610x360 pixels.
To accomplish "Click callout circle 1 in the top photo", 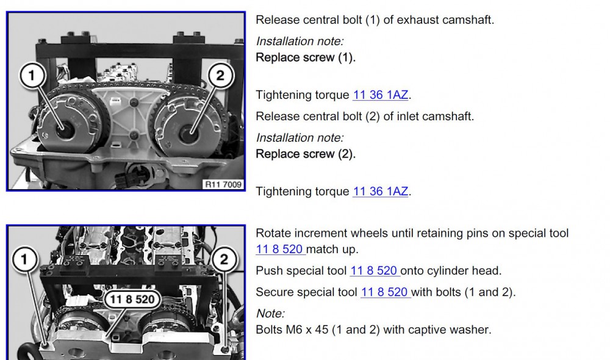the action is click(x=32, y=75).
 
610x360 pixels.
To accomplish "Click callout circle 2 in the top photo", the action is click(x=220, y=75).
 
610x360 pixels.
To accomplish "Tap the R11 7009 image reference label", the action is click(x=223, y=184).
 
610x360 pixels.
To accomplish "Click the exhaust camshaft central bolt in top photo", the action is click(x=65, y=130).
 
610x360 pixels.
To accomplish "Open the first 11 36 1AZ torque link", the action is click(x=381, y=95).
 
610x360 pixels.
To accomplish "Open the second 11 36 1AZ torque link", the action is click(x=381, y=192).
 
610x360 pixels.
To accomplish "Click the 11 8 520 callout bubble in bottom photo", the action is click(x=132, y=299).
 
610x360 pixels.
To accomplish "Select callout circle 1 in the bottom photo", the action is click(x=24, y=259).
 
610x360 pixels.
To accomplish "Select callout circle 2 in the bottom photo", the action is click(x=224, y=259).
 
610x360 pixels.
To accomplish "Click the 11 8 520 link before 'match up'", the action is click(x=280, y=249).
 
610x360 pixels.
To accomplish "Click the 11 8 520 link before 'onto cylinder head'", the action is click(x=375, y=270).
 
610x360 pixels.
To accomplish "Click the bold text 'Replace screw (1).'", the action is click(x=306, y=57).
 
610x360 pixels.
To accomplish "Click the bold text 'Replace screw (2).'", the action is click(x=306, y=154).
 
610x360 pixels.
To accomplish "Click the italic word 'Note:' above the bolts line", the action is click(x=270, y=313).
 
